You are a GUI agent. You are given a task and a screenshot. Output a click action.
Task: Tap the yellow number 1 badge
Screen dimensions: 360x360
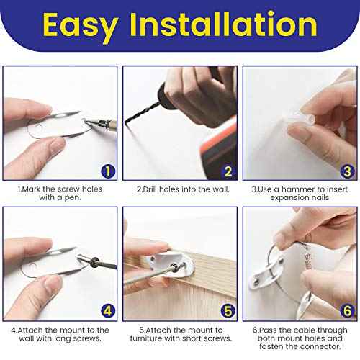pyautogui.click(x=108, y=171)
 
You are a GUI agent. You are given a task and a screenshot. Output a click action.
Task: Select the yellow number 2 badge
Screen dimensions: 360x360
pyautogui.click(x=228, y=171)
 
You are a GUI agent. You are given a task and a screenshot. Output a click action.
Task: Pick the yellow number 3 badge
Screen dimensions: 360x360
pyautogui.click(x=346, y=171)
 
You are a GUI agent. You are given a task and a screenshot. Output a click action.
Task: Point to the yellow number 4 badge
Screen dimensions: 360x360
pyautogui.click(x=108, y=311)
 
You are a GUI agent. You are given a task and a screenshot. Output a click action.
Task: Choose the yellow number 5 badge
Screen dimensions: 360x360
pyautogui.click(x=228, y=311)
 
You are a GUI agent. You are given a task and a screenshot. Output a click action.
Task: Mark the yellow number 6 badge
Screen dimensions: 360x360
pyautogui.click(x=346, y=311)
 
